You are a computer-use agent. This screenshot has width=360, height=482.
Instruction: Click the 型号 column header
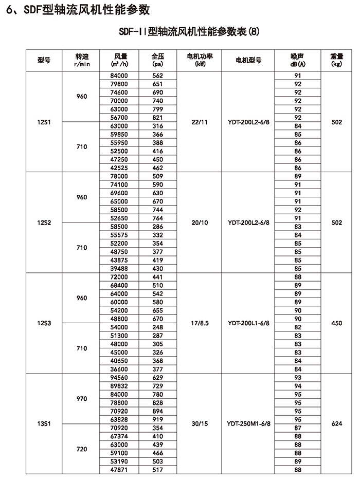(x=44, y=60)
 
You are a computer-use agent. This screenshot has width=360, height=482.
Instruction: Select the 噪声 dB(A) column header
(x=298, y=60)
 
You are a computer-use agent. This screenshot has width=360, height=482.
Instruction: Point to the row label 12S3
(x=44, y=323)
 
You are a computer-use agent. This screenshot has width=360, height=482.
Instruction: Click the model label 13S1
(x=44, y=424)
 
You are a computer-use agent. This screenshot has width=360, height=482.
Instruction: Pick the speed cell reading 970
(x=81, y=399)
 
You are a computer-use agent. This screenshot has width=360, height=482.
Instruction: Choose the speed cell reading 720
(x=81, y=449)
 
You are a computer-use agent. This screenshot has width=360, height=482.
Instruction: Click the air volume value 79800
(x=119, y=84)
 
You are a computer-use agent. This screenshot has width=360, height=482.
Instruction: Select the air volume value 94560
(x=119, y=378)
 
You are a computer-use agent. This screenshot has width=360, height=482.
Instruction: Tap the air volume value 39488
(x=119, y=269)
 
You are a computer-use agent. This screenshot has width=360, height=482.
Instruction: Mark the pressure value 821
(x=157, y=118)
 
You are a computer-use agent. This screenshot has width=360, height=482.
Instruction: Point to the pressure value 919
(x=157, y=420)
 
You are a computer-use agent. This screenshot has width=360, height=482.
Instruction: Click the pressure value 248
(x=157, y=327)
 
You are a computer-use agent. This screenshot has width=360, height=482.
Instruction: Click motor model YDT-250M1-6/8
(x=248, y=424)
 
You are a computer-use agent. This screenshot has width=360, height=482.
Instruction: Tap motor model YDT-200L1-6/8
(x=248, y=323)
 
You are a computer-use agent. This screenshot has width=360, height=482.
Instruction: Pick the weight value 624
(x=337, y=424)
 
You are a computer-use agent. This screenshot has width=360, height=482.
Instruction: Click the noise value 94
(x=298, y=386)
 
